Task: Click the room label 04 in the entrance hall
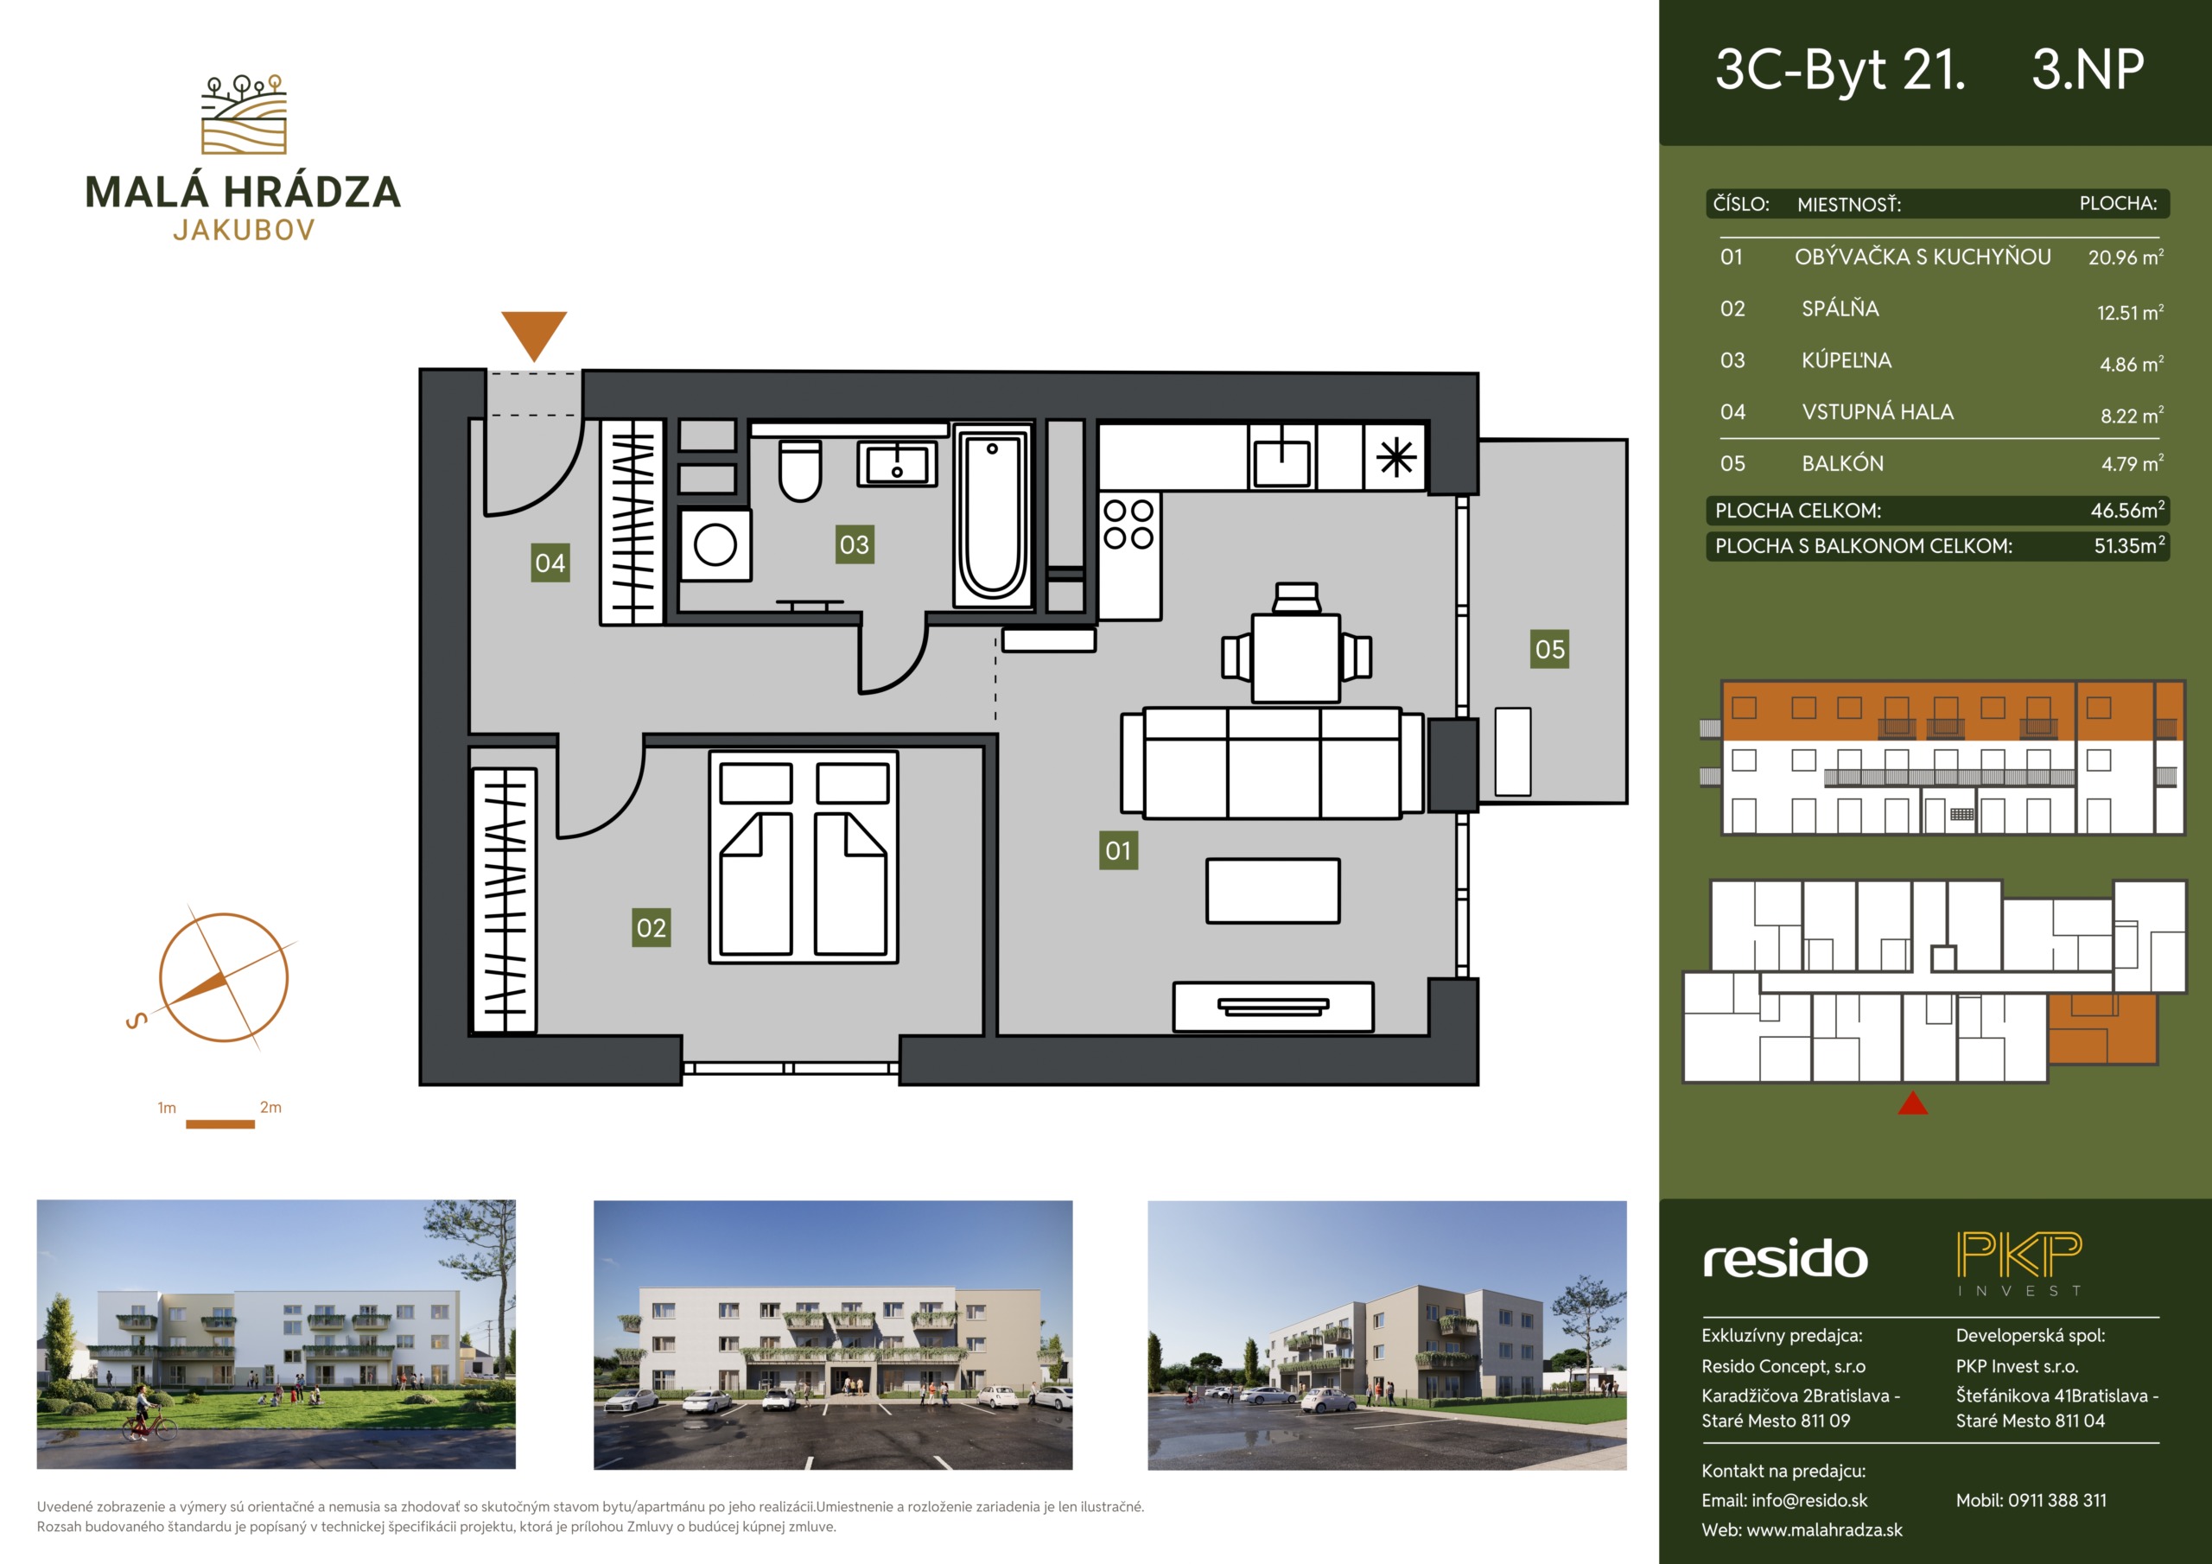(x=550, y=563)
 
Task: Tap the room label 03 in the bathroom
(x=855, y=544)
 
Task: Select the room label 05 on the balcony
(x=1550, y=650)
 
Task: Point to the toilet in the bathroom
(x=799, y=470)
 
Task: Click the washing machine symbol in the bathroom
(x=715, y=544)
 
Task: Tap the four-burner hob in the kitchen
(x=1129, y=524)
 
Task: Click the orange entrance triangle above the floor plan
(x=534, y=334)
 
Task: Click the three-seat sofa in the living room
(x=1272, y=763)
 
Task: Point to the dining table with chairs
(x=1296, y=646)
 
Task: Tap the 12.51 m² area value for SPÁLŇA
(x=2130, y=312)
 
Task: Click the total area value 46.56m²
(x=2127, y=510)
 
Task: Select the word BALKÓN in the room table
(x=1842, y=463)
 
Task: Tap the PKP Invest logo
(x=2019, y=1263)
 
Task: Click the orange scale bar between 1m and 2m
(x=219, y=1123)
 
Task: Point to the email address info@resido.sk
(x=1809, y=1500)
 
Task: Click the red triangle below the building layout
(x=1912, y=1103)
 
